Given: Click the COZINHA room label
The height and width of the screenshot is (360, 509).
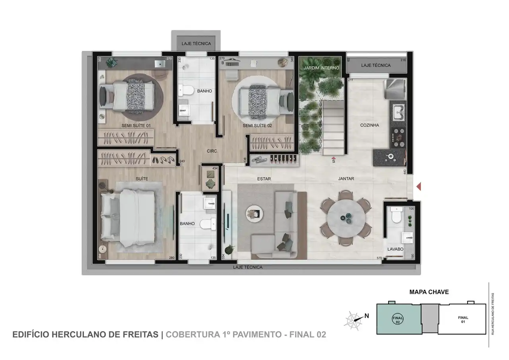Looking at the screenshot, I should (369, 125).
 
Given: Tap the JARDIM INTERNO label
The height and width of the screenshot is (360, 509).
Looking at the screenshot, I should (321, 68).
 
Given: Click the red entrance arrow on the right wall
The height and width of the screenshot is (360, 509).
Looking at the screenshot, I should (418, 186).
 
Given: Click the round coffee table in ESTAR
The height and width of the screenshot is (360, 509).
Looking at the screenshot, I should (254, 213).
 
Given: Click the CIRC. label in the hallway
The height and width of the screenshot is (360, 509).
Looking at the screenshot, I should (212, 151).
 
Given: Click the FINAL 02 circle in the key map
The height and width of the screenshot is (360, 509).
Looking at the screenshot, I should (398, 319).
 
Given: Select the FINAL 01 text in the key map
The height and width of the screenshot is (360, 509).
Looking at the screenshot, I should (463, 320).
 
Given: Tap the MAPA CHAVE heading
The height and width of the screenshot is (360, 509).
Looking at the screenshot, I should (429, 292).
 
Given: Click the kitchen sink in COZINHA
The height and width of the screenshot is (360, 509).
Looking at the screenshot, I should (398, 111).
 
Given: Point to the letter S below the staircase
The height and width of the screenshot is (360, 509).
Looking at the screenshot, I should (333, 162).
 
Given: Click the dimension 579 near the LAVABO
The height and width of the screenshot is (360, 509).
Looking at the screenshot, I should (379, 259).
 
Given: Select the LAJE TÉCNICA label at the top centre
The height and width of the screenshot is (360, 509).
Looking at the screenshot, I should (196, 44).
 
